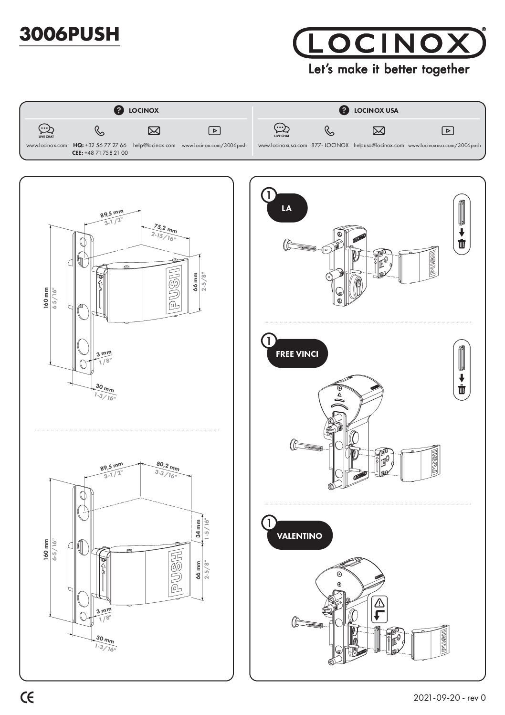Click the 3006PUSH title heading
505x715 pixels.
(x=69, y=34)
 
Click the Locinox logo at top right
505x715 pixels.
(x=389, y=43)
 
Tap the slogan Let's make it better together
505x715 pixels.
(x=389, y=69)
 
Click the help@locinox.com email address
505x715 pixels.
(x=154, y=145)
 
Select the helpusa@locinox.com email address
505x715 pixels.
(x=379, y=145)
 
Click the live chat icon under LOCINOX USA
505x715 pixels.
(x=282, y=129)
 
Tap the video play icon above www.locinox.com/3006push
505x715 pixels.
(x=214, y=130)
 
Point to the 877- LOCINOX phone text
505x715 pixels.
(x=330, y=145)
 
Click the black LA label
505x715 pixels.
(x=287, y=208)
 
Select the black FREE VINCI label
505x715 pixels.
(x=297, y=354)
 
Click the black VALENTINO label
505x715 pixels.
(x=299, y=536)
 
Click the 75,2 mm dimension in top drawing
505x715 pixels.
(x=166, y=229)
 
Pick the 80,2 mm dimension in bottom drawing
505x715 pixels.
(x=168, y=466)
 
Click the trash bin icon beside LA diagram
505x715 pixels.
(x=462, y=244)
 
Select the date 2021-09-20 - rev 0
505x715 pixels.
(x=450, y=698)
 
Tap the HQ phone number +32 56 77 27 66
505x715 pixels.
(x=105, y=145)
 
